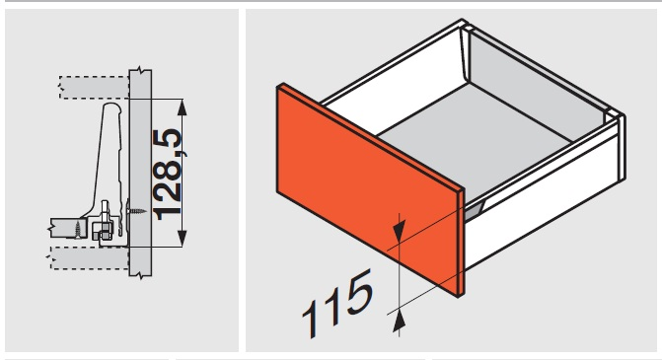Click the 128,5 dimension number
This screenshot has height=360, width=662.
tap(168, 175)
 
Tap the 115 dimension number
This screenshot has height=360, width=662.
tap(337, 302)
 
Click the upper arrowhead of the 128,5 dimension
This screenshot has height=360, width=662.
tap(182, 108)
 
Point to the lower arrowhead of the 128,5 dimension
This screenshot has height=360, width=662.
tap(182, 239)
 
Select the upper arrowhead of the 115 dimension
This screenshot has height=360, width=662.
tap(399, 231)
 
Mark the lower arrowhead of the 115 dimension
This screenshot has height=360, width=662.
tap(399, 322)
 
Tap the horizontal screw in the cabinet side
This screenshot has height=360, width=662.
tap(136, 211)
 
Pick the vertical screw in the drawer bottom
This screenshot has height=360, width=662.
tap(78, 229)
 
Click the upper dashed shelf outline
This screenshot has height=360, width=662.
tap(94, 88)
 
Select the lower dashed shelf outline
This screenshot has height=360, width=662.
tap(90, 257)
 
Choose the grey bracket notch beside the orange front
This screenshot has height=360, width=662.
tap(475, 209)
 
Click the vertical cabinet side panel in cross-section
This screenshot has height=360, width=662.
tap(140, 173)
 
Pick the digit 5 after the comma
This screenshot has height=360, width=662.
tap(168, 142)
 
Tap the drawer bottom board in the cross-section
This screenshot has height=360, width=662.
tap(67, 228)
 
